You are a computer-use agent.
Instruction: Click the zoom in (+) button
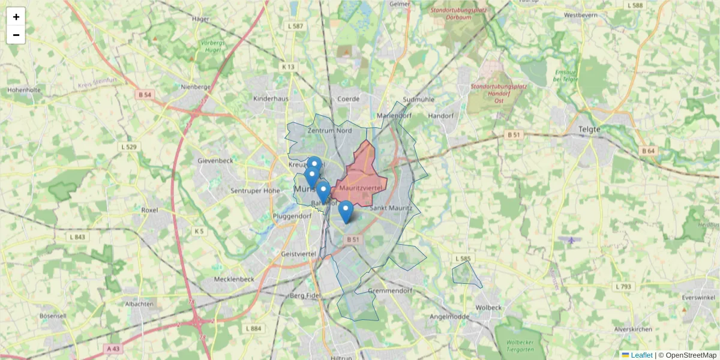pyautogui.click(x=16, y=17)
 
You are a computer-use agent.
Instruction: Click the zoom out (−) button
pyautogui.click(x=16, y=35)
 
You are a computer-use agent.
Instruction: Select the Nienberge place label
pyautogui.click(x=196, y=87)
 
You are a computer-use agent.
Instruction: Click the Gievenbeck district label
pyautogui.click(x=215, y=161)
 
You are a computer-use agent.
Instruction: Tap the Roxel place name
pyautogui.click(x=149, y=211)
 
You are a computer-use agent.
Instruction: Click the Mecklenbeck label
pyautogui.click(x=235, y=279)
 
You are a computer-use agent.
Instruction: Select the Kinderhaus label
pyautogui.click(x=271, y=98)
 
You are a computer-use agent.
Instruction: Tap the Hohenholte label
pyautogui.click(x=23, y=90)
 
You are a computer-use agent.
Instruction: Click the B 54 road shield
pyautogui.click(x=145, y=95)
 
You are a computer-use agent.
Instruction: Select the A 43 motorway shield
pyautogui.click(x=113, y=348)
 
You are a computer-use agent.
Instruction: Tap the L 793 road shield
pyautogui.click(x=624, y=287)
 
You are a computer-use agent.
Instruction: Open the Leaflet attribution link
pyautogui.click(x=641, y=355)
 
